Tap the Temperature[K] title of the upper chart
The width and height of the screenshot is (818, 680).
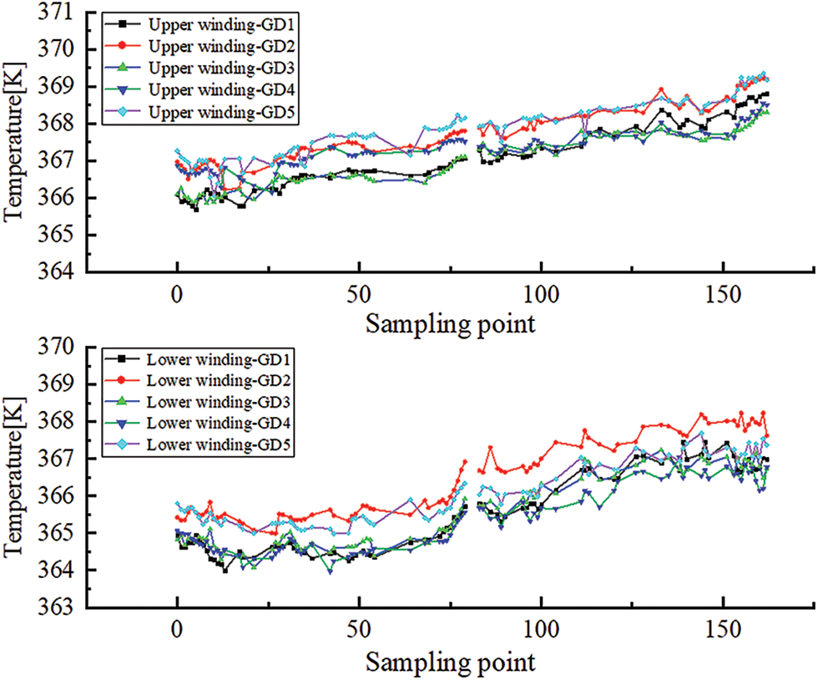(x=14, y=143)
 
